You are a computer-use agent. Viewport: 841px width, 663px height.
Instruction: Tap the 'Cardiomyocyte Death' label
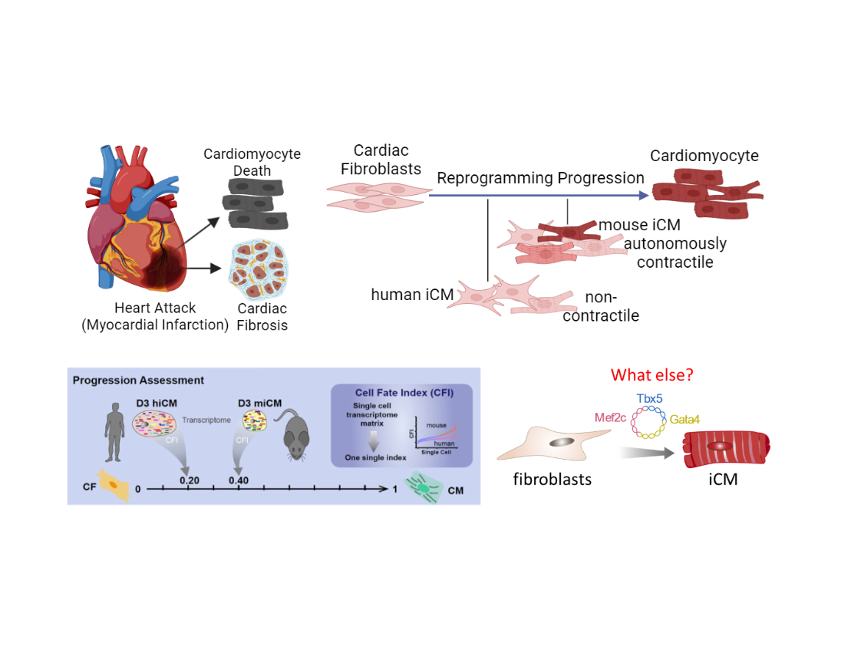coord(252,162)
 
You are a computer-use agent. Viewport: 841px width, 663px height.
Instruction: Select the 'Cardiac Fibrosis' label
coord(262,316)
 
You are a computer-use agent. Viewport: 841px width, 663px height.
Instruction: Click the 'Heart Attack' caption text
coord(155,308)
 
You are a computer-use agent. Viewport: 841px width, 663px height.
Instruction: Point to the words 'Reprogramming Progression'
coord(540,178)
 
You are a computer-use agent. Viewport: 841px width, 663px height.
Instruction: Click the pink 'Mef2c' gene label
coord(612,418)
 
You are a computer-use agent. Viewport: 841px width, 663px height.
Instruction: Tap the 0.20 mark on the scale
coord(189,480)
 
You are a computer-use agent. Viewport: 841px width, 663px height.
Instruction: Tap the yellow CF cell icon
coord(113,487)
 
